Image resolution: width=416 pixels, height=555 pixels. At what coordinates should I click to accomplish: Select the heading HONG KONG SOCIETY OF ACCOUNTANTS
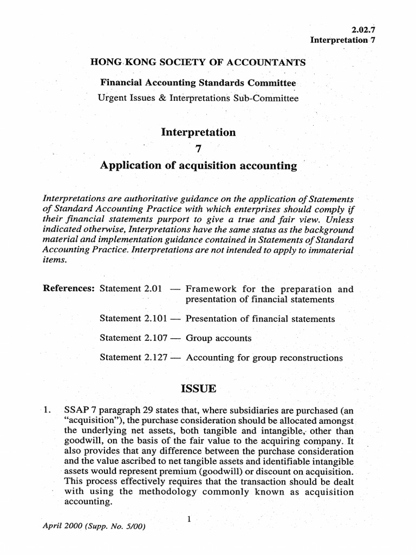193,62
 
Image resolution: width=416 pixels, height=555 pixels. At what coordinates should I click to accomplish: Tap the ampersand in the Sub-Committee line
161,99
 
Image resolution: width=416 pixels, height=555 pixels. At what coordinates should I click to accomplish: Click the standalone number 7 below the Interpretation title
198,149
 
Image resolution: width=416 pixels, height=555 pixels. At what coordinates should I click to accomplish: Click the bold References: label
69,289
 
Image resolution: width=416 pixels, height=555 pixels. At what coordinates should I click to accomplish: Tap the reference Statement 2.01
131,289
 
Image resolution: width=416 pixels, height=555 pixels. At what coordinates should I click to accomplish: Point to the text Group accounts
218,338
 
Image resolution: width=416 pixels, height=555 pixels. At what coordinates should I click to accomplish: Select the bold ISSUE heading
198,389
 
